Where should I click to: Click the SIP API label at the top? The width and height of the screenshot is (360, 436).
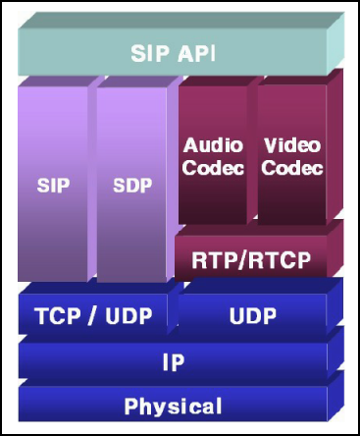(x=173, y=53)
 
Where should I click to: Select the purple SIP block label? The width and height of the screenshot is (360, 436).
(x=53, y=186)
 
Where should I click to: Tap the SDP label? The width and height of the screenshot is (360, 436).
(x=132, y=186)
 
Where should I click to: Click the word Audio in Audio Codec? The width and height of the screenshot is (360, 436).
(x=213, y=145)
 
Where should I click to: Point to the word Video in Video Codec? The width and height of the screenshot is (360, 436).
(x=292, y=145)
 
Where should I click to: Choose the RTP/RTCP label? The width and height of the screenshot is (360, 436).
(x=251, y=260)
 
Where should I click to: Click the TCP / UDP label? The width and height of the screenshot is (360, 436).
(x=93, y=316)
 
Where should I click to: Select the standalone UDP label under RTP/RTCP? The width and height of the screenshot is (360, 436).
(x=253, y=316)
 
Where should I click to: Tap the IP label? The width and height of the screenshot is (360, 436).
(x=174, y=362)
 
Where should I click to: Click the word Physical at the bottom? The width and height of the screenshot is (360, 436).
(x=173, y=407)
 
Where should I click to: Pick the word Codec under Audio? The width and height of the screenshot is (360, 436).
(x=213, y=168)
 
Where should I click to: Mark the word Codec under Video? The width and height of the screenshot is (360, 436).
(x=292, y=168)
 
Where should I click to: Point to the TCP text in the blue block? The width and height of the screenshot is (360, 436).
(x=58, y=316)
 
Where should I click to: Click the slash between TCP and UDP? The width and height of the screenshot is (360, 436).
(x=93, y=316)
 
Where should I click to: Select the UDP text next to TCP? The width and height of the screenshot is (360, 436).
(x=129, y=316)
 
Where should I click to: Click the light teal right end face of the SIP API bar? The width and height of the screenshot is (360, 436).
(x=335, y=42)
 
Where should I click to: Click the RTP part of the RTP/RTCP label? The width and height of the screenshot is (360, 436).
(x=216, y=260)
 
